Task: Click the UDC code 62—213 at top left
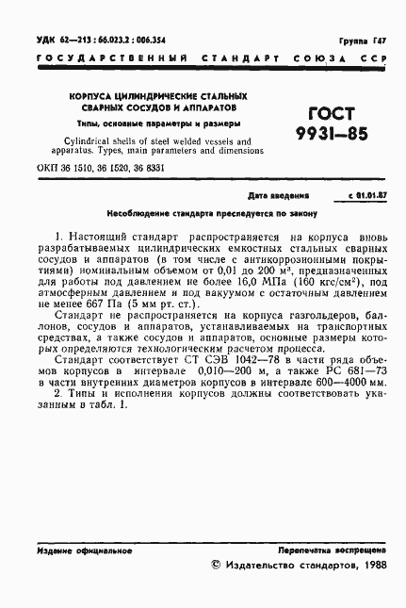click(71, 42)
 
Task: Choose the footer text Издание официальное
click(76, 549)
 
